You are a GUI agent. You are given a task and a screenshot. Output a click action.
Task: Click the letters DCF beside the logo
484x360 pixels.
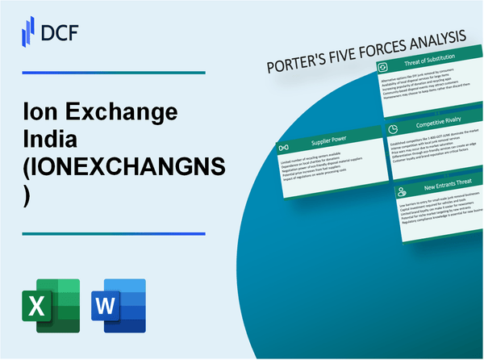(61, 31)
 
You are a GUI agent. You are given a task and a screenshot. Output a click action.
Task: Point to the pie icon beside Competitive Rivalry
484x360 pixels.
(391, 129)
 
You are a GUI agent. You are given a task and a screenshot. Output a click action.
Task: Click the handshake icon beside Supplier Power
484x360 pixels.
(285, 149)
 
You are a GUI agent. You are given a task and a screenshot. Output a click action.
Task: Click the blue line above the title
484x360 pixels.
(113, 73)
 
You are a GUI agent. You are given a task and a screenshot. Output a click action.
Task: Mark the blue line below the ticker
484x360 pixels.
(113, 233)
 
